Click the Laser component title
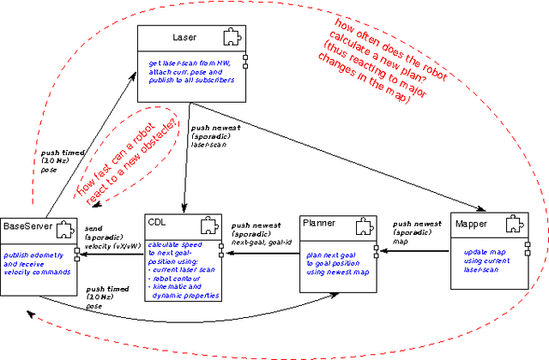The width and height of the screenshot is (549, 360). pyautogui.click(x=184, y=38)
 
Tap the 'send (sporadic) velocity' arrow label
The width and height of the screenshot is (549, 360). pyautogui.click(x=109, y=237)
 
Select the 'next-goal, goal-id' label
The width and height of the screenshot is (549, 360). pyautogui.click(x=261, y=243)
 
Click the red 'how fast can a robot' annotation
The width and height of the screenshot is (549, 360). pyautogui.click(x=130, y=159)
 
